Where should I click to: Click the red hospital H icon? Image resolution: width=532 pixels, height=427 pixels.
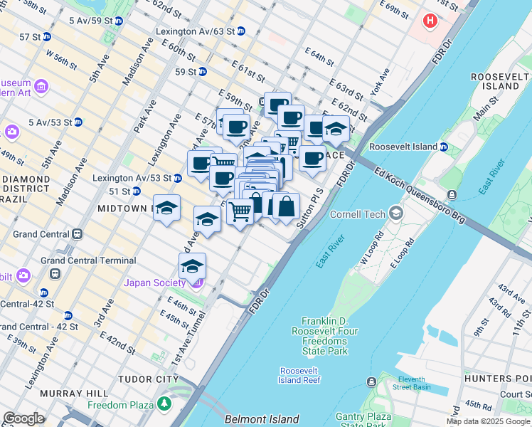tap(430, 21)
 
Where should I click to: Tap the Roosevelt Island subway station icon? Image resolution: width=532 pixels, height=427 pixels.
tap(443, 147)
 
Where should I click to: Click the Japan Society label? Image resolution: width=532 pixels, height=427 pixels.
tap(155, 283)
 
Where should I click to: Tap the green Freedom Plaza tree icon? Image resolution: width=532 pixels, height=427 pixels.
tap(165, 404)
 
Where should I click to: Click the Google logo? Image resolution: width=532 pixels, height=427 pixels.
tap(23, 418)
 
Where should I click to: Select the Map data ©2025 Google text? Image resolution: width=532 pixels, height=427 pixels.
tap(488, 421)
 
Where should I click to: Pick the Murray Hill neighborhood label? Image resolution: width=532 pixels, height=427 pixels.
tap(73, 393)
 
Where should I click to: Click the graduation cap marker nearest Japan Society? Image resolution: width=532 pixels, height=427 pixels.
tap(192, 267)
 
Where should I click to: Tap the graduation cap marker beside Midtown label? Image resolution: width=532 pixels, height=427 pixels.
tap(166, 209)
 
